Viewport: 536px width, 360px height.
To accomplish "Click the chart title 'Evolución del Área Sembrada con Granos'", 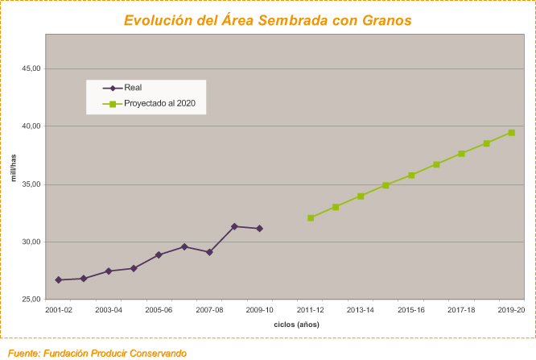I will (x=267, y=20).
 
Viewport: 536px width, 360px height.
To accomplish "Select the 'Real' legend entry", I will (x=133, y=88).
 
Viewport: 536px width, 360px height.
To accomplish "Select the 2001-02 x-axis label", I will (x=59, y=309).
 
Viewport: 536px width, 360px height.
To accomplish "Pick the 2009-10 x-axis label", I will (x=259, y=309).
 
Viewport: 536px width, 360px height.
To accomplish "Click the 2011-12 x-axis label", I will (x=311, y=309).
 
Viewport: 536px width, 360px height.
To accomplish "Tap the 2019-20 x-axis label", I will (x=511, y=309).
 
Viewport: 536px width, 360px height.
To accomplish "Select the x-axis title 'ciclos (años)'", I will (x=296, y=324).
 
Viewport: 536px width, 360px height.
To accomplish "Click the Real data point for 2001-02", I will (x=59, y=279).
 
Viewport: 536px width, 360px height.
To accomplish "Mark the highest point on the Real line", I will (x=234, y=226).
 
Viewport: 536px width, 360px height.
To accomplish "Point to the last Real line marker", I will (x=259, y=229).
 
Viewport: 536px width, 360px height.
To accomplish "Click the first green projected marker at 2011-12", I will (x=311, y=217).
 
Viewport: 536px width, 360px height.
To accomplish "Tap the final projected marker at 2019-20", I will (x=511, y=132).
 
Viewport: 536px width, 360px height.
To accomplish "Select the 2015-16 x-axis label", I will (x=410, y=309).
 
